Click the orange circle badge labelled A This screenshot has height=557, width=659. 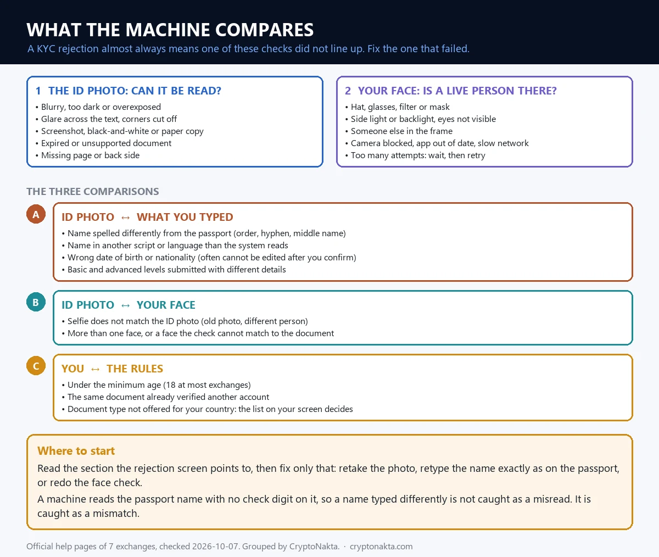[x=36, y=214]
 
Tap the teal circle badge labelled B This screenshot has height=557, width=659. [x=36, y=302]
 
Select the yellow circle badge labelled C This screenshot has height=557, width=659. [x=36, y=366]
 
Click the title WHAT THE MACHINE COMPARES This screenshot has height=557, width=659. [x=170, y=30]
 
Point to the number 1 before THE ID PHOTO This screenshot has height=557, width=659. [x=38, y=91]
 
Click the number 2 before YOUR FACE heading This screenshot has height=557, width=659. [x=348, y=91]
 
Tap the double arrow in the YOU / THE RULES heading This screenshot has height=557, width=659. [x=96, y=369]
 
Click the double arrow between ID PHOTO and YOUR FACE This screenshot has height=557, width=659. [x=126, y=305]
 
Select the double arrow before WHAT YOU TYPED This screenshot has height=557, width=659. [x=126, y=218]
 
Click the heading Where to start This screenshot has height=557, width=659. [x=76, y=450]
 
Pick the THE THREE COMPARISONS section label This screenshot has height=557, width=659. [x=93, y=191]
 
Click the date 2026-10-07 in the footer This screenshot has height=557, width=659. [x=215, y=546]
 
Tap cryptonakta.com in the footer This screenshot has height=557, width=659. [x=381, y=546]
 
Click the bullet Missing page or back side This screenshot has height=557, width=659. [x=90, y=155]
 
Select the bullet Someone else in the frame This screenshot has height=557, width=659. [x=401, y=131]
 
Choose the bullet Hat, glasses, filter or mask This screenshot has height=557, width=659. [x=400, y=107]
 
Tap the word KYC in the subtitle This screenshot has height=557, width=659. [x=46, y=49]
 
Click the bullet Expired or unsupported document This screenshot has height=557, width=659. [x=106, y=143]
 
